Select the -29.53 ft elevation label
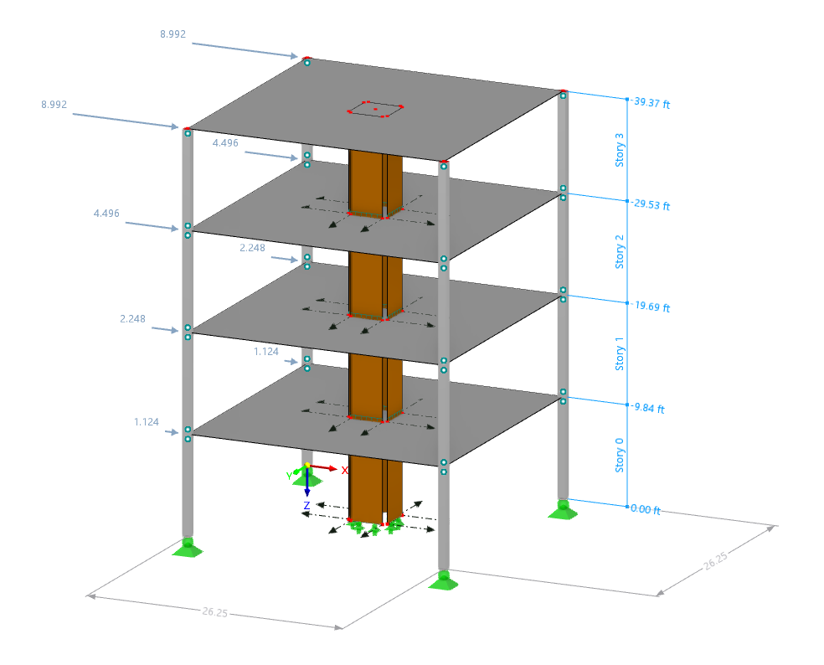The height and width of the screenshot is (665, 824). pyautogui.click(x=651, y=205)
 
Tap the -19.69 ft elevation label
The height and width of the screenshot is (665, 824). pyautogui.click(x=651, y=307)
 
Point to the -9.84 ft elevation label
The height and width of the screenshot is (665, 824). pyautogui.click(x=648, y=409)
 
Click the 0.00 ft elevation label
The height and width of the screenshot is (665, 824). pyautogui.click(x=646, y=510)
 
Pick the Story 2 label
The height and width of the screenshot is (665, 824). pyautogui.click(x=621, y=251)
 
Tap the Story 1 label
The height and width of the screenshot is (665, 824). pyautogui.click(x=621, y=353)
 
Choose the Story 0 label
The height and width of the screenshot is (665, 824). pyautogui.click(x=621, y=455)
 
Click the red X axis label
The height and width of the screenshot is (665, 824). pyautogui.click(x=344, y=471)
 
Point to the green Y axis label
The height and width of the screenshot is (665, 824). pyautogui.click(x=289, y=476)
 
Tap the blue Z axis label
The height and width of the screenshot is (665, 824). pyautogui.click(x=306, y=505)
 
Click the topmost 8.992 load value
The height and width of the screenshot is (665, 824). pyautogui.click(x=173, y=35)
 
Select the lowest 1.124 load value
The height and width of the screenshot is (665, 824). pyautogui.click(x=147, y=422)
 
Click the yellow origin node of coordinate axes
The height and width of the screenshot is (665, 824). pyautogui.click(x=307, y=466)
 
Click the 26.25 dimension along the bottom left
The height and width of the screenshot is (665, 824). pyautogui.click(x=214, y=613)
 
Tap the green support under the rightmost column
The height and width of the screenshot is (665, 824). pyautogui.click(x=562, y=508)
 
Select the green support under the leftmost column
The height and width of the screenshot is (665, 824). pyautogui.click(x=188, y=547)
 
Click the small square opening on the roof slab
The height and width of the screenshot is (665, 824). pyautogui.click(x=375, y=110)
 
